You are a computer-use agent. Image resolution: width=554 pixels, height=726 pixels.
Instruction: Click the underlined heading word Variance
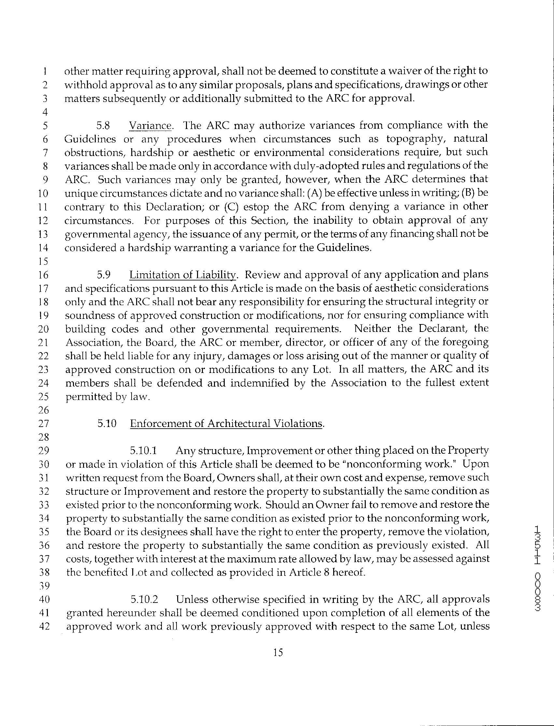click(x=150, y=126)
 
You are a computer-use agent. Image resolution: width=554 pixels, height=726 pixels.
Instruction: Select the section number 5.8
click(x=103, y=126)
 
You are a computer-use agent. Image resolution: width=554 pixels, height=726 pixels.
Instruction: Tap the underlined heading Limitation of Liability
click(x=183, y=275)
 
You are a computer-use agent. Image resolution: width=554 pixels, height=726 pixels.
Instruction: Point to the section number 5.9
click(x=104, y=275)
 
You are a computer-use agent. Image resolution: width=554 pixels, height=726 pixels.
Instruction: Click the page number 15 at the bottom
click(x=278, y=652)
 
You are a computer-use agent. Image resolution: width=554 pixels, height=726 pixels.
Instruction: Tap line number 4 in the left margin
click(x=45, y=112)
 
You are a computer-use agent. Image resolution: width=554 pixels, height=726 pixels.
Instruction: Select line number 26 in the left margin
click(x=44, y=410)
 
